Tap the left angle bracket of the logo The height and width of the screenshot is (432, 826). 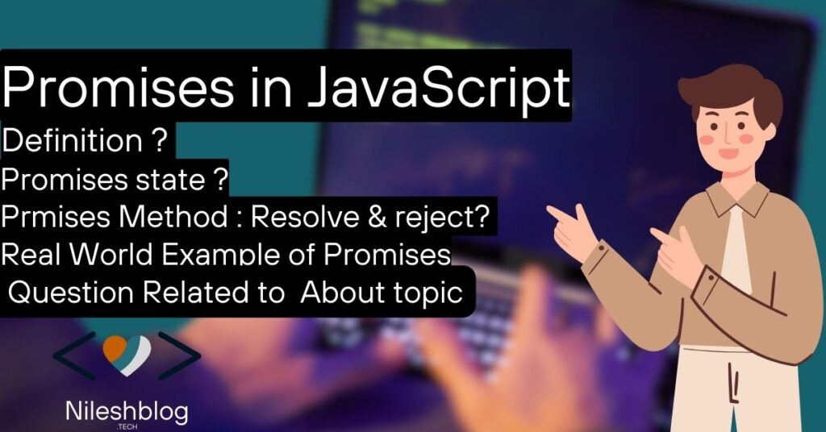click(x=73, y=355)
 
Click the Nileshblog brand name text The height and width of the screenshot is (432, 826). click(x=126, y=412)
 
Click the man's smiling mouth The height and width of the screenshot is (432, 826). click(x=728, y=152)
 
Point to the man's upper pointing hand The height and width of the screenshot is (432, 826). click(x=574, y=219)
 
